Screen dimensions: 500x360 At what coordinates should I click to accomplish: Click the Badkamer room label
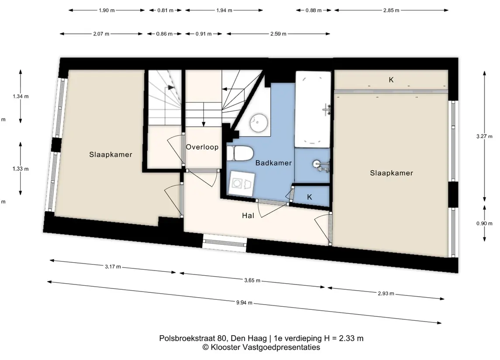274,163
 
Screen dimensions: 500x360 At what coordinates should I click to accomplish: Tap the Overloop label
202,147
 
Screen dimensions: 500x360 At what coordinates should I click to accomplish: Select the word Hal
248,216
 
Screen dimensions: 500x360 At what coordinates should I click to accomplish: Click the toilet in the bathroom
240,154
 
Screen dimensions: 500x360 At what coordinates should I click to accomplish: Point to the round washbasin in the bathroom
259,123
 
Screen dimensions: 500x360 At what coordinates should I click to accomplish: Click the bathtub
313,109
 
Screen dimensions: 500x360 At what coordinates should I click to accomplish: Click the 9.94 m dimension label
244,303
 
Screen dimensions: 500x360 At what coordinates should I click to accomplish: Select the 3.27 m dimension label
484,136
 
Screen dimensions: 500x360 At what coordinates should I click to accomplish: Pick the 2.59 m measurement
278,34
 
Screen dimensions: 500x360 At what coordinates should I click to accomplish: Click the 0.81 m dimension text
166,10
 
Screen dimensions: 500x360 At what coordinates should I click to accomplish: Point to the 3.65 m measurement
252,280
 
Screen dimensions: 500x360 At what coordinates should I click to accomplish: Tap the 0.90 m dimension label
484,223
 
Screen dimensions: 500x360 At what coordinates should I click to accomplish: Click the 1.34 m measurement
21,96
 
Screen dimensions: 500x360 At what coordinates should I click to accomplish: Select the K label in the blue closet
309,197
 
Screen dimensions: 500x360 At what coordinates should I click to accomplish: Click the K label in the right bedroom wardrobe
391,80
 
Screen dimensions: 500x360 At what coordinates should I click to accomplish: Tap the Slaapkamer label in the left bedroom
110,154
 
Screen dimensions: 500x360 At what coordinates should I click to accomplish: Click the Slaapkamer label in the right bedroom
392,173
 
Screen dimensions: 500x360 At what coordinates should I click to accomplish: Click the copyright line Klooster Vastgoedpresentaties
261,347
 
